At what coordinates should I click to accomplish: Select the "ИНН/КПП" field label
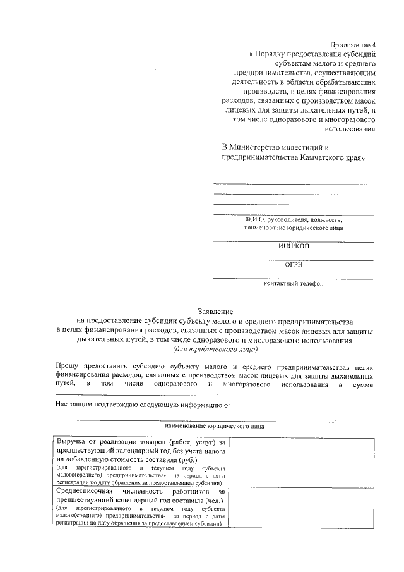click(x=294, y=247)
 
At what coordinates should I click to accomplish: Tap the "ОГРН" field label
click(x=294, y=265)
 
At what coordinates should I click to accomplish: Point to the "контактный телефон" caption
click(x=294, y=284)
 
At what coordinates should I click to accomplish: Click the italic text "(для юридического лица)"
click(x=215, y=349)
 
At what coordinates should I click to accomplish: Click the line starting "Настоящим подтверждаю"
click(x=139, y=403)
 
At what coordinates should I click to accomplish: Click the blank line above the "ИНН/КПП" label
click(x=294, y=241)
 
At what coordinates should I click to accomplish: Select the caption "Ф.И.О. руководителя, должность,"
click(x=294, y=219)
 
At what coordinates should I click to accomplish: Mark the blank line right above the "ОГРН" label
click(x=294, y=260)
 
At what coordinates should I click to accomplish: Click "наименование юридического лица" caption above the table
click(x=215, y=426)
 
